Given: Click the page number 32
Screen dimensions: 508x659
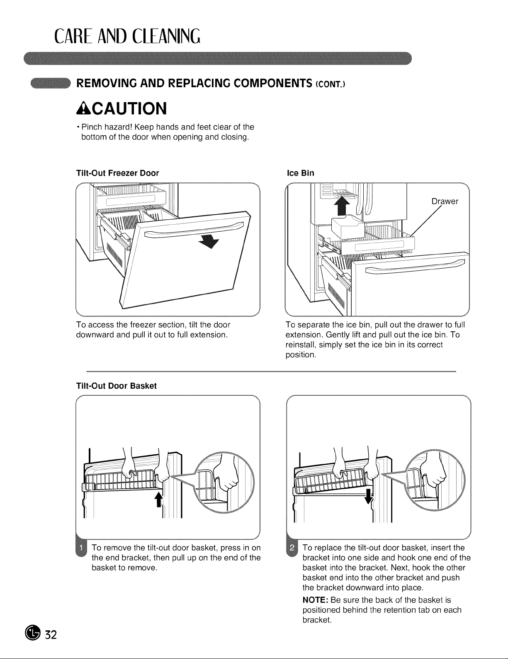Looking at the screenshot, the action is [51, 635].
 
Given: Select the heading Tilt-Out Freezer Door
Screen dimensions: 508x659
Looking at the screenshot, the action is [117, 173].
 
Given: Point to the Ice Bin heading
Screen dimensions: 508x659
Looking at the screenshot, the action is [300, 173].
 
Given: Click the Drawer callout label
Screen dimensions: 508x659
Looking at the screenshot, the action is [445, 201].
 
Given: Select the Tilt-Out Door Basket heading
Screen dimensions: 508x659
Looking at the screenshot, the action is [117, 386].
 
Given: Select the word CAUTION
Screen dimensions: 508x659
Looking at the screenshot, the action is [129, 108].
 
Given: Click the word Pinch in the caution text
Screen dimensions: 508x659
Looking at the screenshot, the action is [91, 127].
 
